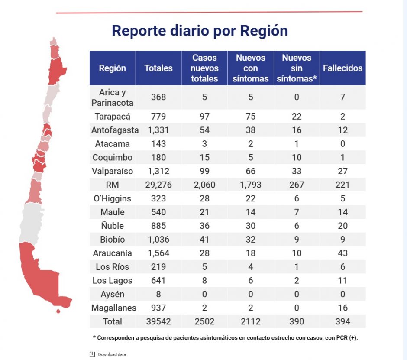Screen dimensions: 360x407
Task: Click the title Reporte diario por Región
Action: [200, 31]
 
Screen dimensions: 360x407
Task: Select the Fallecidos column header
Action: [342, 68]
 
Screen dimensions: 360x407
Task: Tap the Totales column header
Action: [158, 68]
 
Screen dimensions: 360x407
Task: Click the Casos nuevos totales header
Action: [204, 68]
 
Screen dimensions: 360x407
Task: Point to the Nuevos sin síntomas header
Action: [297, 68]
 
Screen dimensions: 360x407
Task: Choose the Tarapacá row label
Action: [113, 116]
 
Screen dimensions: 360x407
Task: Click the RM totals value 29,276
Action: [158, 185]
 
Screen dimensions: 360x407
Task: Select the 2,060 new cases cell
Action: [204, 185]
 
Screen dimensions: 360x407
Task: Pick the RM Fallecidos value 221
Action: [342, 185]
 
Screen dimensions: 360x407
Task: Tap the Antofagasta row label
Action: [115, 130]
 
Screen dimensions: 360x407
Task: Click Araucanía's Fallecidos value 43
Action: [342, 253]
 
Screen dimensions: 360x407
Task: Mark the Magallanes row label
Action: [114, 308]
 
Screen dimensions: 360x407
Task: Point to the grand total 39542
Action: [158, 321]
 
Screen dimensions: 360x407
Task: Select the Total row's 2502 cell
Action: [204, 321]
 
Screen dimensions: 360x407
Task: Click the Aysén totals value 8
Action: [158, 294]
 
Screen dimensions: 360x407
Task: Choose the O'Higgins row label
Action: [113, 198]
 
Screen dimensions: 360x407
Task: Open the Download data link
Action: [112, 354]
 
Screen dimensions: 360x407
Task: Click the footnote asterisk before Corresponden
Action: [94, 337]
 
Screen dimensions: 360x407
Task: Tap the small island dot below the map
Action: [58, 311]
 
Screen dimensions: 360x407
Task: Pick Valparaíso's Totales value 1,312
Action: [158, 171]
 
